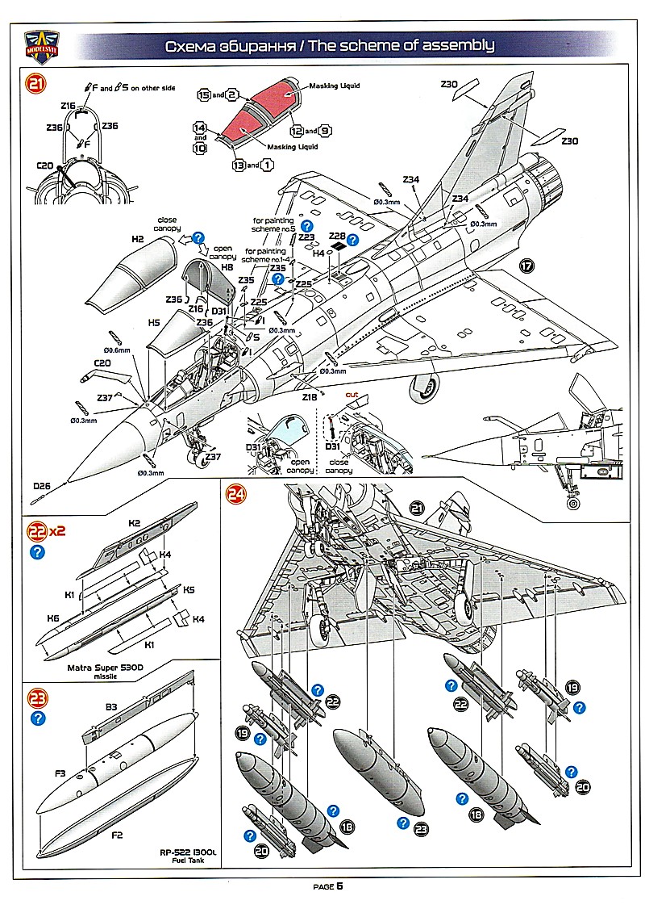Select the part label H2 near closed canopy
coord(137,241)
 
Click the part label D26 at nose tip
coord(42,487)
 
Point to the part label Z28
coord(338,235)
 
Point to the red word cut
coord(351,395)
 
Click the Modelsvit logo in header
coord(41,44)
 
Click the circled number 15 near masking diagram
coord(205,95)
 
